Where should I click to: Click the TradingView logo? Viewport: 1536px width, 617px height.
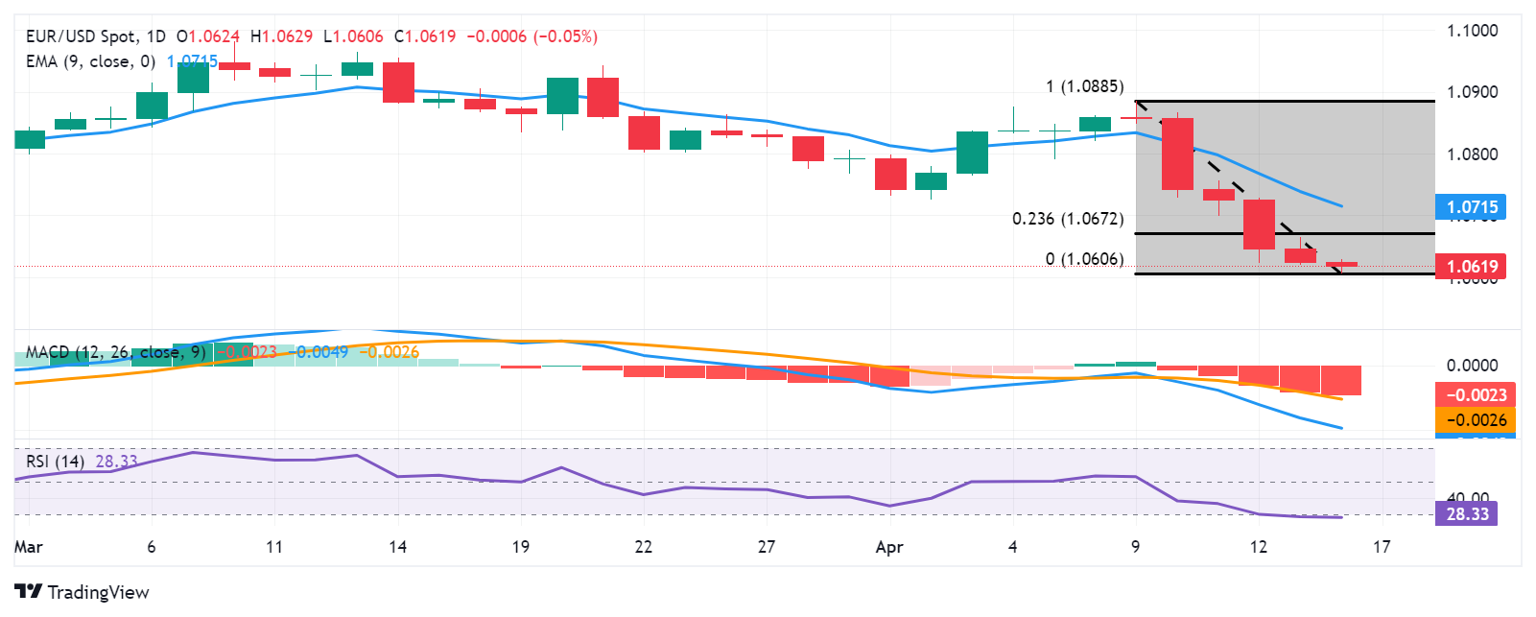[82, 592]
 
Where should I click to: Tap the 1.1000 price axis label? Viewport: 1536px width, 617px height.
[1472, 31]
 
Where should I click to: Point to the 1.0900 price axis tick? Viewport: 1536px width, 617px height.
[1472, 92]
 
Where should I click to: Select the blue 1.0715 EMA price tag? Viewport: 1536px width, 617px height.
[1472, 207]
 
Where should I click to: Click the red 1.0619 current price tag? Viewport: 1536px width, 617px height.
[1472, 267]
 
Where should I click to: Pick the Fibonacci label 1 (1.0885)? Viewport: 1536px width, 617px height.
[1084, 86]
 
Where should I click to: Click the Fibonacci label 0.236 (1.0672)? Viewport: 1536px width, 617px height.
[1068, 219]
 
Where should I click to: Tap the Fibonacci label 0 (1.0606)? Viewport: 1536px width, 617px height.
[1084, 259]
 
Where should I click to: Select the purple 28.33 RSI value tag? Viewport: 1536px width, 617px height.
[1467, 514]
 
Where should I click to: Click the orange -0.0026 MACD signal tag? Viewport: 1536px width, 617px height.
[1476, 420]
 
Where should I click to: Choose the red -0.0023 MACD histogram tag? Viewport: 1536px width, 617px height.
[1476, 395]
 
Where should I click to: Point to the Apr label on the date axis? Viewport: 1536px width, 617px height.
[889, 547]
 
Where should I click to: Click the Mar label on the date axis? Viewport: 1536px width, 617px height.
[29, 547]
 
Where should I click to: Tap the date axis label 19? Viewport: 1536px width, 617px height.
[520, 547]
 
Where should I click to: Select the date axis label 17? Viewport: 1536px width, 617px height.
[1381, 547]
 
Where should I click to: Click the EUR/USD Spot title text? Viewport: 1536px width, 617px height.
[82, 36]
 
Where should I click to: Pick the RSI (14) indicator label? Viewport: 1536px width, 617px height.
[55, 462]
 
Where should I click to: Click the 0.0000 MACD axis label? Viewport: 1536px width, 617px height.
[1472, 366]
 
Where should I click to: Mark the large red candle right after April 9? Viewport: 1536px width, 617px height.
[1177, 154]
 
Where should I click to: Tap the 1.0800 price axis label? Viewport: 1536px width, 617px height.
[1472, 154]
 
